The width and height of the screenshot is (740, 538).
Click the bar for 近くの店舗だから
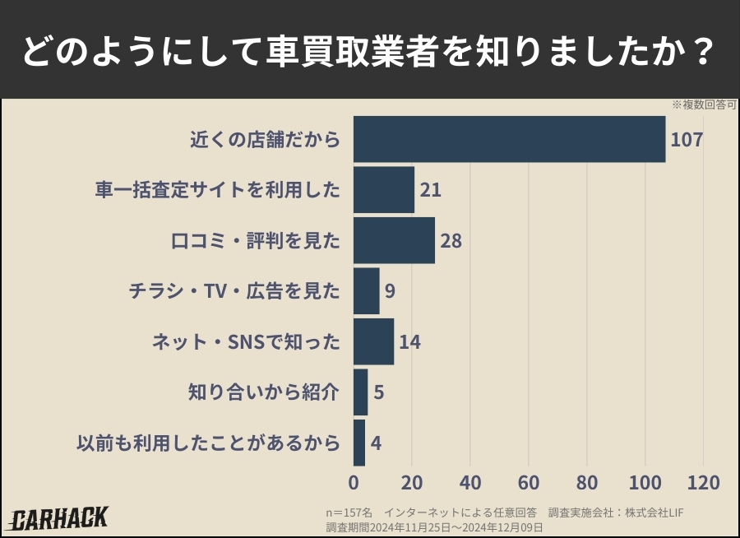point(509,139)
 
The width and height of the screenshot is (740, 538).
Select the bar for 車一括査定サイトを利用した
point(384,190)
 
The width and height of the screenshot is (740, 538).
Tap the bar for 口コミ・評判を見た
point(394,240)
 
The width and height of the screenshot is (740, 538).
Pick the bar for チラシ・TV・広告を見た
point(367,290)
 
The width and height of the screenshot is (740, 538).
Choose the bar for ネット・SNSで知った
point(374,341)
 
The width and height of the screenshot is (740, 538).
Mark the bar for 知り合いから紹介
point(361,392)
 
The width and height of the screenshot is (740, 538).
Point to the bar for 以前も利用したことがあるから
point(359,443)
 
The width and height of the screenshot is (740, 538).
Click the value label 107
point(687,139)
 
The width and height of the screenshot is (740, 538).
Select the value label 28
point(451,241)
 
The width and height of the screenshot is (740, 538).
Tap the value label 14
point(409,342)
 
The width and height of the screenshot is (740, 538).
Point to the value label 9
point(391,291)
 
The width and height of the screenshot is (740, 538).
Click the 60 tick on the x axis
point(529,482)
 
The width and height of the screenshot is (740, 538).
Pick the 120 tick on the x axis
point(703,482)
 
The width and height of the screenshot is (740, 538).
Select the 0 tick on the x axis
point(354,482)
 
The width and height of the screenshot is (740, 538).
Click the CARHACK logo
point(59,518)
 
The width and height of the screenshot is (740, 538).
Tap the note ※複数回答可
point(703,105)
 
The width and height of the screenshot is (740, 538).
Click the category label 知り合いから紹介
point(264,392)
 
